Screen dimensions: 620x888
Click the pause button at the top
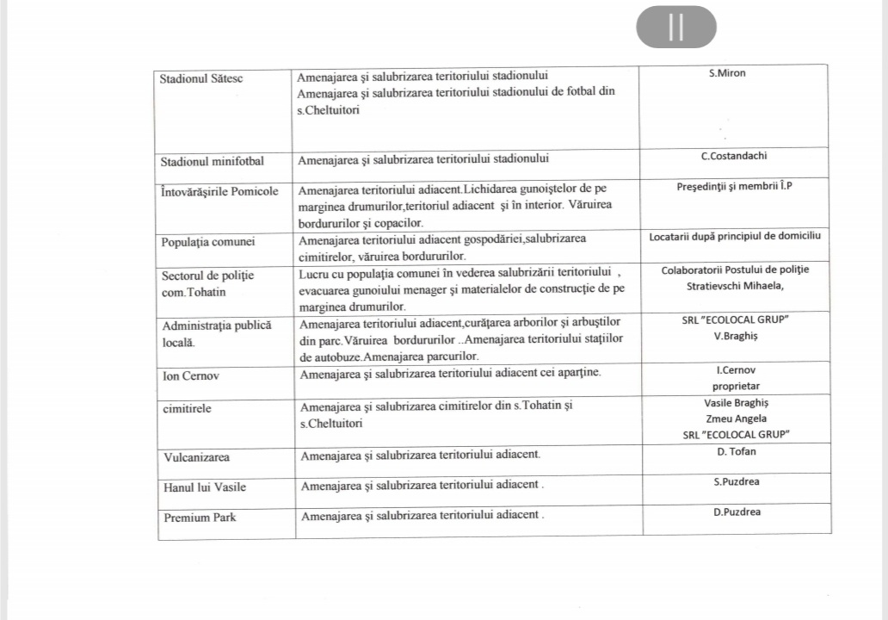click(675, 27)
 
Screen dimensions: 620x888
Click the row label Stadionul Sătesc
click(201, 77)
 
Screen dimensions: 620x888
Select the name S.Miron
click(727, 74)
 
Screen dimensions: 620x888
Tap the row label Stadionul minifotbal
click(212, 161)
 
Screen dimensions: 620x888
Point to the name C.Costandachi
click(734, 157)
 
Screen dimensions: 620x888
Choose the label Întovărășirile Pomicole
click(219, 191)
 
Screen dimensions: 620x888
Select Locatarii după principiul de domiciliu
click(735, 236)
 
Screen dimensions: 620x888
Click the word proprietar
click(736, 387)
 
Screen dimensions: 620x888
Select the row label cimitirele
click(187, 408)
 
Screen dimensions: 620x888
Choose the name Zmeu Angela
click(736, 419)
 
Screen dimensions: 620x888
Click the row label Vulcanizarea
click(196, 457)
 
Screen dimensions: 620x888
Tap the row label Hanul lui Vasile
click(205, 487)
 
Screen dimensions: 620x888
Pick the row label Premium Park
click(200, 518)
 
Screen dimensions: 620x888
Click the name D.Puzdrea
click(737, 512)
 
